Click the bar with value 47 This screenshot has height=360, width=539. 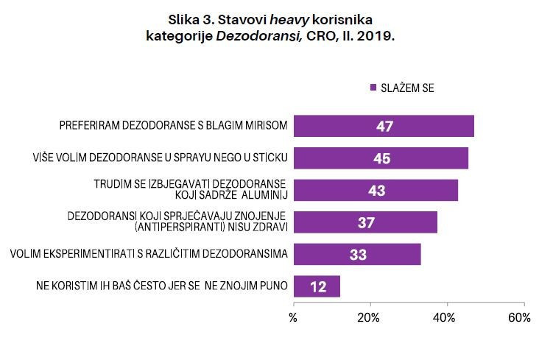(x=383, y=126)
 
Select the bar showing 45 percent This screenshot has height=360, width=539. (x=381, y=158)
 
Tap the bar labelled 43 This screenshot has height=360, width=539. (x=376, y=190)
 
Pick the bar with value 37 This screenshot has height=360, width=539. (x=365, y=222)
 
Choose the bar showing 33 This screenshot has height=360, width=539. (x=357, y=254)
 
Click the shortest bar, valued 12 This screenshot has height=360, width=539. (x=317, y=286)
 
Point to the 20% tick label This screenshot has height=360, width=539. (x=368, y=318)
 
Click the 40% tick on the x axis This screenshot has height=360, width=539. (x=444, y=318)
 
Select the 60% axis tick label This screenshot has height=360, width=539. (x=519, y=318)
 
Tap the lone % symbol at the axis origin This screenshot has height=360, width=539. (x=293, y=318)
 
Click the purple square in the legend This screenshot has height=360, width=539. (x=373, y=88)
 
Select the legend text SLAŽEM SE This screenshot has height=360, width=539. (x=408, y=88)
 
